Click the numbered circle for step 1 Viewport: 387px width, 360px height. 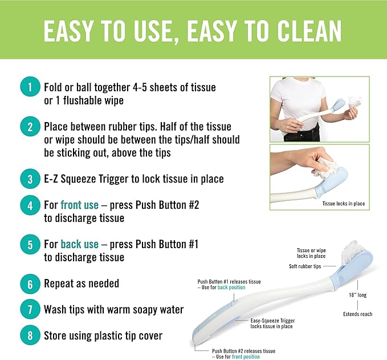[x=30, y=87]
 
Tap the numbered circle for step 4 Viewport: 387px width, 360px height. [x=30, y=205]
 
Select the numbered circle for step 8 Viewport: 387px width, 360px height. [x=30, y=335]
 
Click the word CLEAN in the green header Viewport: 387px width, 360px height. [x=309, y=31]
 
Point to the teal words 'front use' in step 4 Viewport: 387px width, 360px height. [x=79, y=205]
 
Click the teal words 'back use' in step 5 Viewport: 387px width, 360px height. [x=79, y=244]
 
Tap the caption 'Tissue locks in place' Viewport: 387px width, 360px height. [x=343, y=204]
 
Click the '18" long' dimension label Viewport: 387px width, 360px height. [x=357, y=295]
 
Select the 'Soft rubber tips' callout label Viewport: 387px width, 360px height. [x=305, y=266]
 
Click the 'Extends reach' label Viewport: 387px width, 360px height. [x=357, y=314]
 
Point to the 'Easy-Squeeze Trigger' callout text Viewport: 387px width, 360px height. [x=272, y=321]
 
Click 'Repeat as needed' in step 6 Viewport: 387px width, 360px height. [x=82, y=284]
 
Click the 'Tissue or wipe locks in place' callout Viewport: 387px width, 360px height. [x=311, y=253]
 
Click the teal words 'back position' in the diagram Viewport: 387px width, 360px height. [x=231, y=288]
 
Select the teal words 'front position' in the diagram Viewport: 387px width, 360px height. [x=246, y=357]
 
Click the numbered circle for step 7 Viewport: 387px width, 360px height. [x=30, y=309]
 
